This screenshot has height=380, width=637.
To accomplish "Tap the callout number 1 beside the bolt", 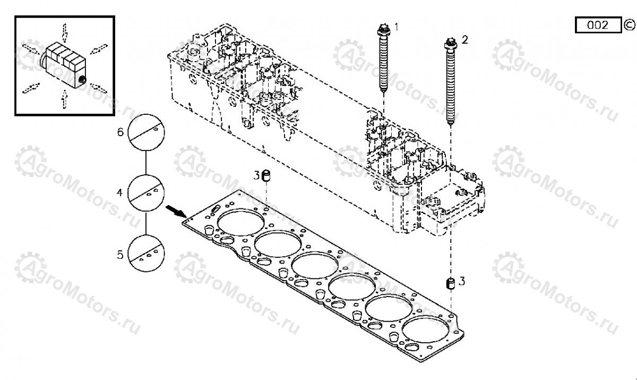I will tap(395, 26).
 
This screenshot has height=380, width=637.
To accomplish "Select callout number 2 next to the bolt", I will tap(464, 39).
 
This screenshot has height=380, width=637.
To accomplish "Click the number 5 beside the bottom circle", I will tap(120, 255).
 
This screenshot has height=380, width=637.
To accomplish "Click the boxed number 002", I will tap(598, 25).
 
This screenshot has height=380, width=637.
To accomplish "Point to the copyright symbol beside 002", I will tap(629, 24).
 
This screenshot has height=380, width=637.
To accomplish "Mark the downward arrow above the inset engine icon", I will tap(64, 32).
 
